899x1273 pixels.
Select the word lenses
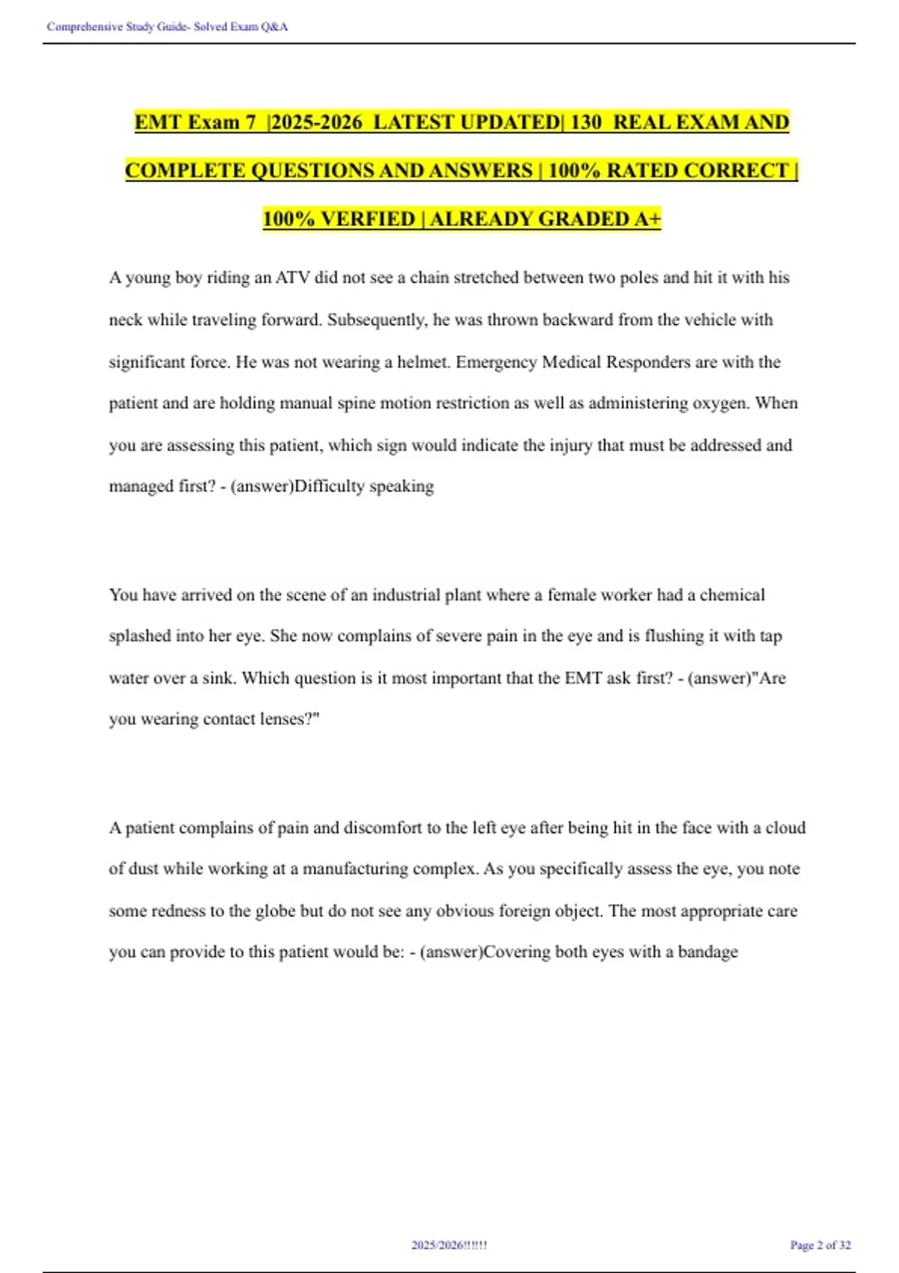(288, 720)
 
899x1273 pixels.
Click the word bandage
(708, 953)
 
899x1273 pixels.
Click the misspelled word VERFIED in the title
(368, 219)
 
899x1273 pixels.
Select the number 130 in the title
(586, 122)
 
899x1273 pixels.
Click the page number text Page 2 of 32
(820, 1245)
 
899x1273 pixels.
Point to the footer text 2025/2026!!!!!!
(449, 1245)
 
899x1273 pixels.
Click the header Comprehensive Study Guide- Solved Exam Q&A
(167, 27)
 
